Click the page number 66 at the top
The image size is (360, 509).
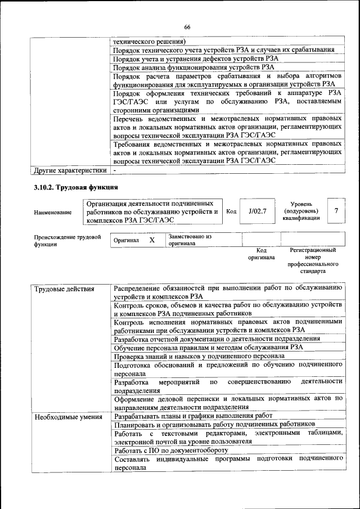(x=187, y=26)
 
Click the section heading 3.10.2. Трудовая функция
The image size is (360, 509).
(x=75, y=187)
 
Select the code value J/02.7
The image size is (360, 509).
(x=256, y=211)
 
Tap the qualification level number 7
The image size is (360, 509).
(x=336, y=211)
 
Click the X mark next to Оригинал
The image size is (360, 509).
(x=152, y=240)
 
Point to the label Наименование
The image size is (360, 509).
(x=53, y=212)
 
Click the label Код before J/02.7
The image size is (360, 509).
(x=231, y=211)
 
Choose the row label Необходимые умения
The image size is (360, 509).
(x=68, y=417)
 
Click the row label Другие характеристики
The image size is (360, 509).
(x=70, y=169)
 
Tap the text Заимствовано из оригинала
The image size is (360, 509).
(x=189, y=241)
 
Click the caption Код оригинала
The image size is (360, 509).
(x=261, y=254)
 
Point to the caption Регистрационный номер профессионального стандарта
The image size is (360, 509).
(x=313, y=260)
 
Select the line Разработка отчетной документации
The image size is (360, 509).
(x=217, y=339)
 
